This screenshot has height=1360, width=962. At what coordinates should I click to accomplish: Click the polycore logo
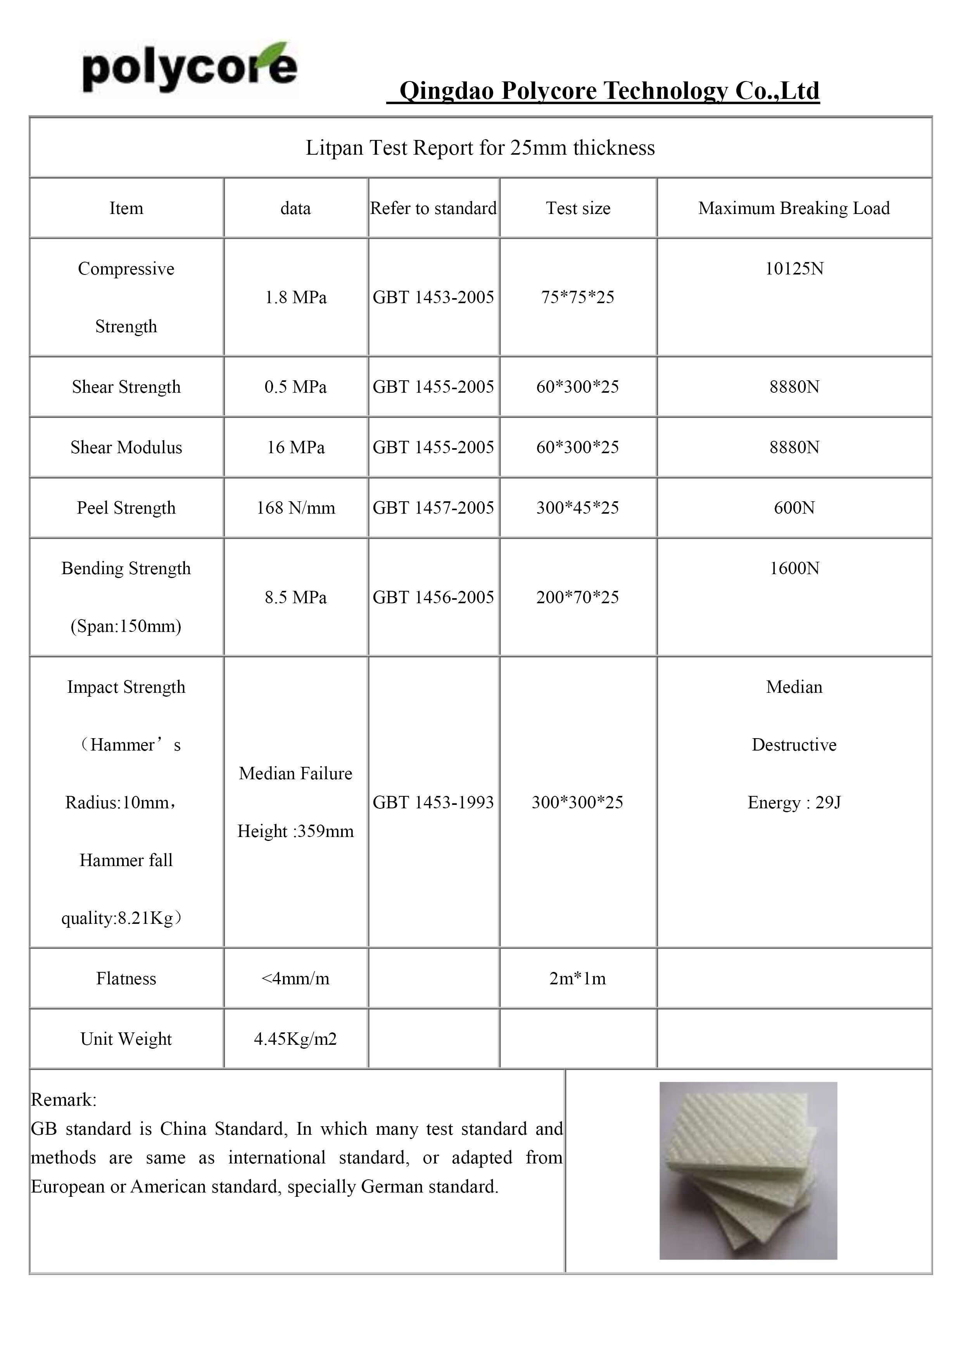(x=188, y=67)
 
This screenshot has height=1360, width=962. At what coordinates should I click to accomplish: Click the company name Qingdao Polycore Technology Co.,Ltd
(x=608, y=91)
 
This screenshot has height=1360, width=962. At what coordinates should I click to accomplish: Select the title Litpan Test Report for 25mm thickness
(x=480, y=147)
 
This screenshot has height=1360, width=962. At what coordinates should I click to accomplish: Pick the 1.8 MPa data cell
(x=295, y=297)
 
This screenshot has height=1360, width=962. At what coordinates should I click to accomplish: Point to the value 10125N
(x=794, y=269)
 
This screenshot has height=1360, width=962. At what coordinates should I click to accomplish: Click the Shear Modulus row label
(x=126, y=447)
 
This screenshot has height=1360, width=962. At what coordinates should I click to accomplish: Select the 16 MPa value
(x=295, y=447)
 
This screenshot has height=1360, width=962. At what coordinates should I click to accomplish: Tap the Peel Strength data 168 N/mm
(x=295, y=507)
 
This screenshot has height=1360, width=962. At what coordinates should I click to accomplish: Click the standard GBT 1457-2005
(x=433, y=507)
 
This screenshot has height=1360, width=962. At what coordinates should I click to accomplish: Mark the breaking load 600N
(x=794, y=507)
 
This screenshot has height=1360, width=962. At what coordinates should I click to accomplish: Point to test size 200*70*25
(x=578, y=597)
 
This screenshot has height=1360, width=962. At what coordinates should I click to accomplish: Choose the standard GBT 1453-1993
(x=433, y=802)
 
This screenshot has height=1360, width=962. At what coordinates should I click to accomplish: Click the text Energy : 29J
(x=794, y=802)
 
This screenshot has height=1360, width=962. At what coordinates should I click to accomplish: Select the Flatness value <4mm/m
(x=295, y=978)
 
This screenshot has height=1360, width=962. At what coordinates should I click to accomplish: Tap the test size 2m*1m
(x=578, y=978)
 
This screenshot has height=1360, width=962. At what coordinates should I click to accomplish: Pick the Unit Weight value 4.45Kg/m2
(x=295, y=1038)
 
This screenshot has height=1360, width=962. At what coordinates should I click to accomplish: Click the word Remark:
(x=63, y=1100)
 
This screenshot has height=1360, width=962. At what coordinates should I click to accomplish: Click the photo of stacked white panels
(x=748, y=1170)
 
